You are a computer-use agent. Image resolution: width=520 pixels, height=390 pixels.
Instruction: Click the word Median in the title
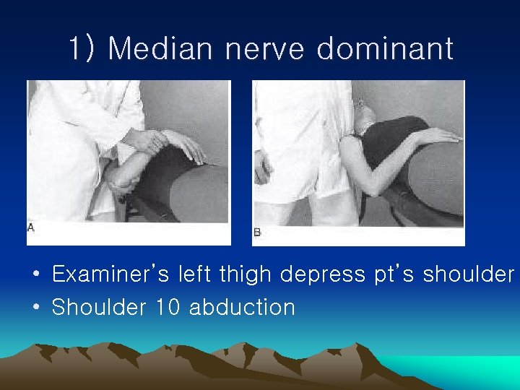tap(160, 49)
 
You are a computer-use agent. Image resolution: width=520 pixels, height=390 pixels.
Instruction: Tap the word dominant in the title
tap(385, 49)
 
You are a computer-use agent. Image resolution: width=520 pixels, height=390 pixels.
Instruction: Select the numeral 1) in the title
tap(83, 49)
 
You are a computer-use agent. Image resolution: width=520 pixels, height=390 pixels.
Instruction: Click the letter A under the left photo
tap(30, 227)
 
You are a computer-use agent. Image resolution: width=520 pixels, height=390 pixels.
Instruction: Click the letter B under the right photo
tap(257, 232)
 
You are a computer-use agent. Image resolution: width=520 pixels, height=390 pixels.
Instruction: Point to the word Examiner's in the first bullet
tap(110, 274)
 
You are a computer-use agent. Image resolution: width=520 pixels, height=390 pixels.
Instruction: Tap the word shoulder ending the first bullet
tap(469, 274)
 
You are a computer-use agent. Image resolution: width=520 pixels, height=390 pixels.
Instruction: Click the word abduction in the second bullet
tap(243, 307)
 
